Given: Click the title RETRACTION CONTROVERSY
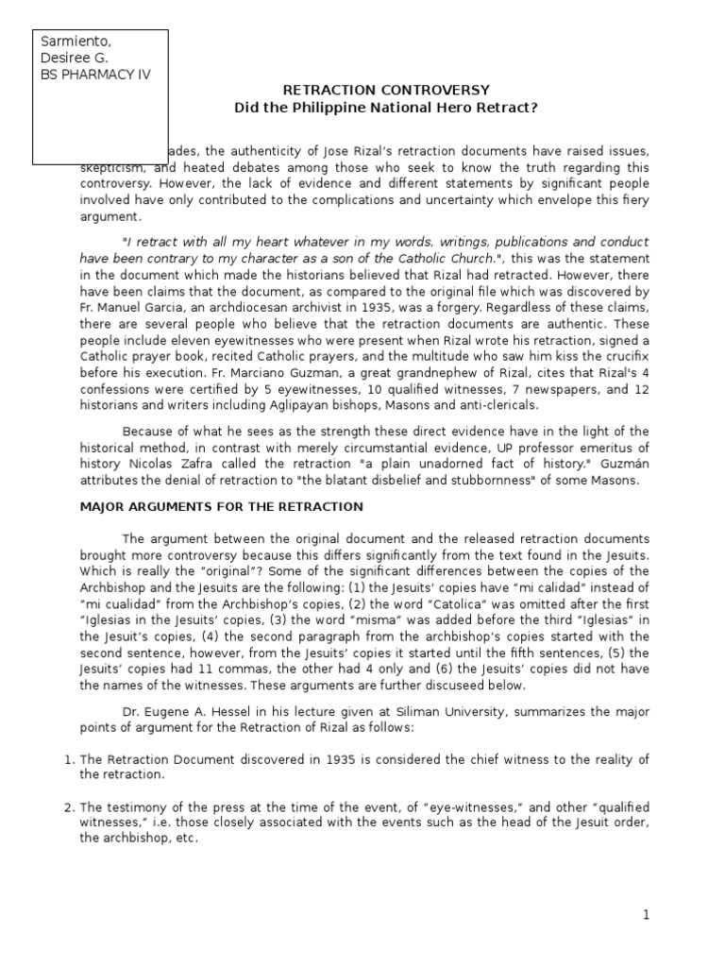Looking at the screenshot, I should [x=387, y=91].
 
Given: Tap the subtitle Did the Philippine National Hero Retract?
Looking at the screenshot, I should [x=387, y=108].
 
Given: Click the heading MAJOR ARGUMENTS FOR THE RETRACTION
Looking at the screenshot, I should [x=219, y=507].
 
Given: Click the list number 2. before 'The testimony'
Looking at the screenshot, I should [x=69, y=807].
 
